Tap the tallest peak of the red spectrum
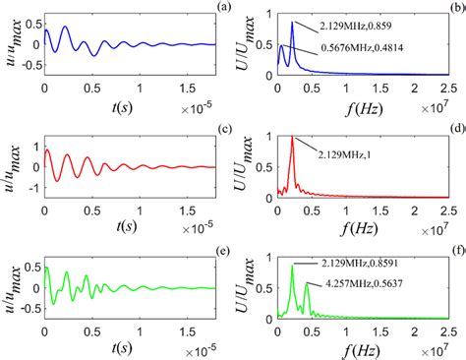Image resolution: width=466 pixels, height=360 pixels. (292, 139)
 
